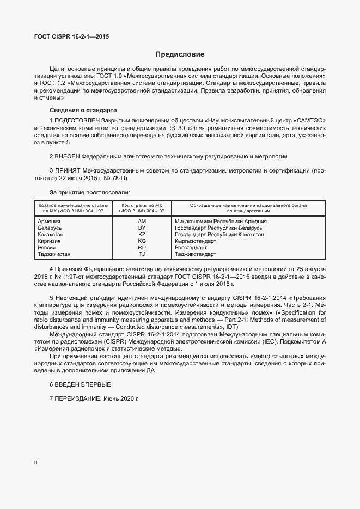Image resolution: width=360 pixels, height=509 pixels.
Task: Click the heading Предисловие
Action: (180, 54)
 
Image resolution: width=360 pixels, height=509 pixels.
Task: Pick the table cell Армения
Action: (49, 222)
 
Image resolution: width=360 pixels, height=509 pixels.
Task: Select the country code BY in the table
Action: (142, 228)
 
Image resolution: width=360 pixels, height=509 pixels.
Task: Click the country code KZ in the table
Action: (142, 235)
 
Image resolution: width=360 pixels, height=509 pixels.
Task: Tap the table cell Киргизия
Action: (50, 241)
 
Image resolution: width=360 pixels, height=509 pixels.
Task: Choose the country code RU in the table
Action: (142, 248)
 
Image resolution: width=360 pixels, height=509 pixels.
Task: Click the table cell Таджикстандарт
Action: (196, 254)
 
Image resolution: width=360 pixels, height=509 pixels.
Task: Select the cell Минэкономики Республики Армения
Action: (221, 222)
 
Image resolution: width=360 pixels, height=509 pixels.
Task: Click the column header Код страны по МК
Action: (142, 205)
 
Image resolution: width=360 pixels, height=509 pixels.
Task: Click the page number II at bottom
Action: (35, 462)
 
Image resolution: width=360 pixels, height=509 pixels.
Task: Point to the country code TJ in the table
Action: (142, 254)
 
